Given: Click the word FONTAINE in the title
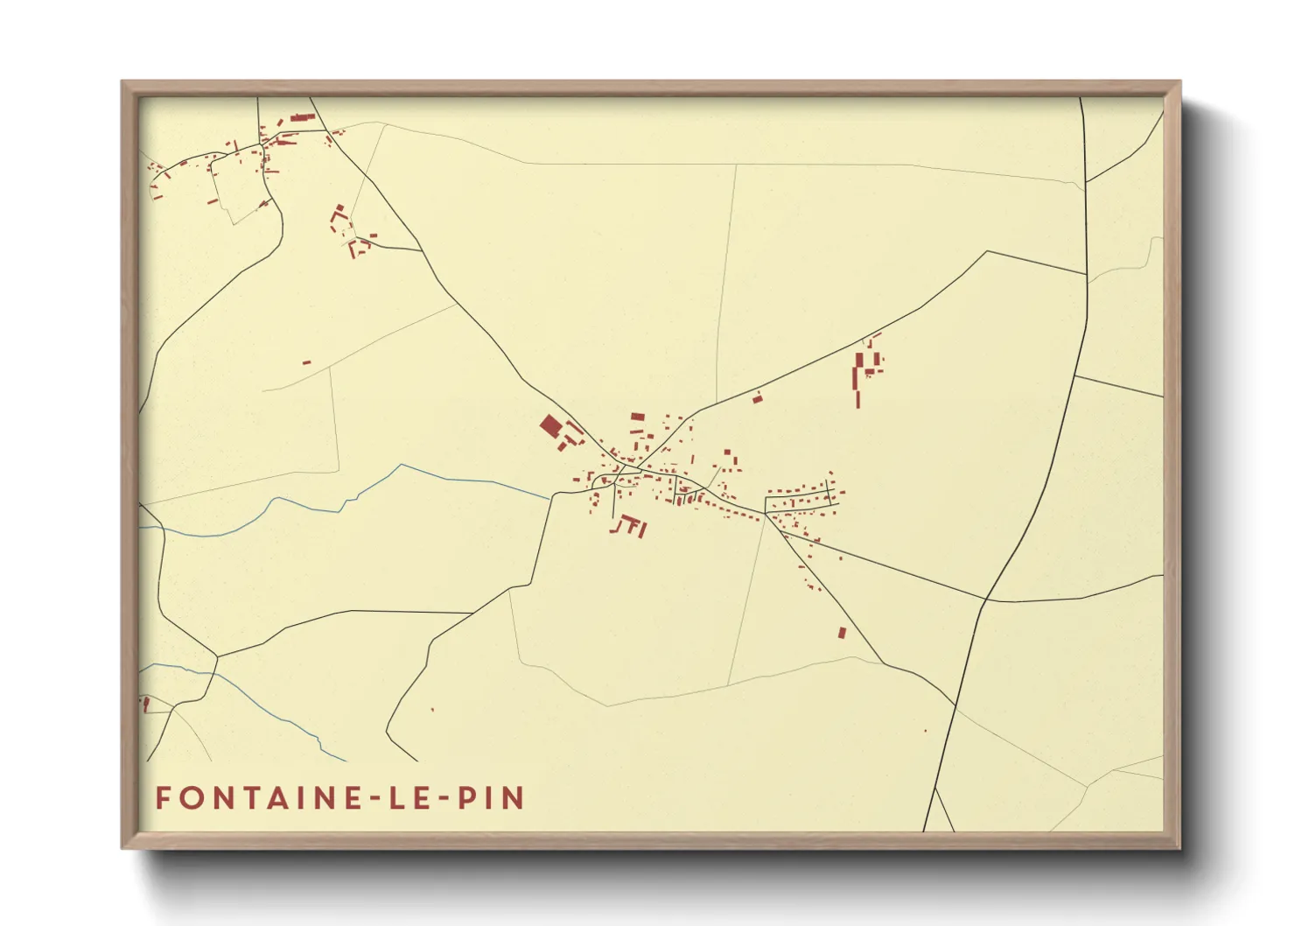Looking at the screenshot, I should (x=254, y=798).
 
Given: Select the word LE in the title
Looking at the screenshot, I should (x=410, y=798).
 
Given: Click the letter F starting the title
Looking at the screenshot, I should (x=163, y=798).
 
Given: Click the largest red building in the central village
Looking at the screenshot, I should (x=550, y=426).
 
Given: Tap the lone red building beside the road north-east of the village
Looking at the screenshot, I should (x=758, y=398).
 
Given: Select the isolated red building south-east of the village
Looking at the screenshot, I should (x=842, y=632).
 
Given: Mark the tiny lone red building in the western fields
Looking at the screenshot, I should (x=306, y=361).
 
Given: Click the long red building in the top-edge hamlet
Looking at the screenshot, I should (x=303, y=116).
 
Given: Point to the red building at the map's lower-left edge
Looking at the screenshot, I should (x=145, y=704).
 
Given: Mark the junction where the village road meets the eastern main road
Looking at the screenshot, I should (x=987, y=600).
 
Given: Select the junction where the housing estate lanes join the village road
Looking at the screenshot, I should (x=766, y=514).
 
